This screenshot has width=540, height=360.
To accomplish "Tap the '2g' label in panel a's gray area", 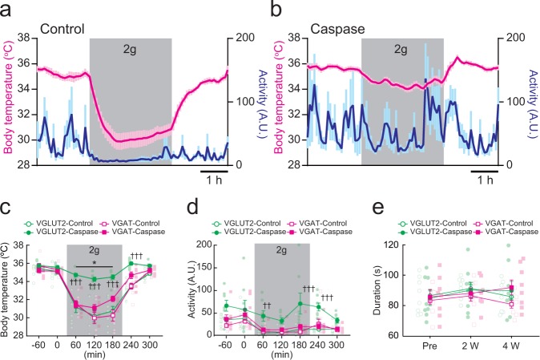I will tap(131, 49).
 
